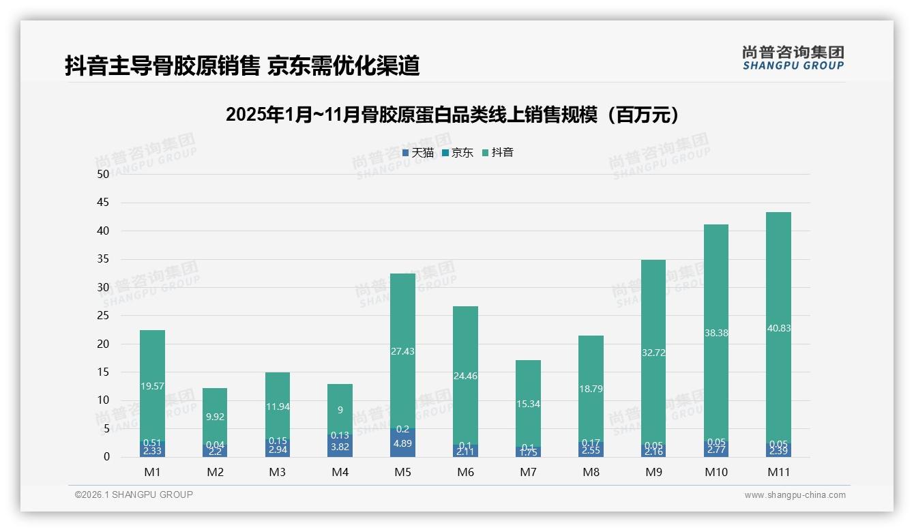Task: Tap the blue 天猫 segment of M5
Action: [x=402, y=444]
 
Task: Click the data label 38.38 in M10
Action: [x=716, y=333]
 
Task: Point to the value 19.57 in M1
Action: [x=152, y=386]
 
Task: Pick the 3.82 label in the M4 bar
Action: [x=340, y=447]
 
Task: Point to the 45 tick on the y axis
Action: [x=103, y=203]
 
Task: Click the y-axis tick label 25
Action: [x=103, y=316]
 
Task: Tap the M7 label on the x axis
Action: [x=528, y=472]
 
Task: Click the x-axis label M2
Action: [x=215, y=472]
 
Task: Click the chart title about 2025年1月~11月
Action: [x=453, y=115]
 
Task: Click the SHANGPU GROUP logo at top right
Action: [x=793, y=58]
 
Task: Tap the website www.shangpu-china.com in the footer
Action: [x=795, y=495]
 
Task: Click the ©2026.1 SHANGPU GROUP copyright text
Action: [x=134, y=494]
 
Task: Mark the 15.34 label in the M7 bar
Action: [x=528, y=404]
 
